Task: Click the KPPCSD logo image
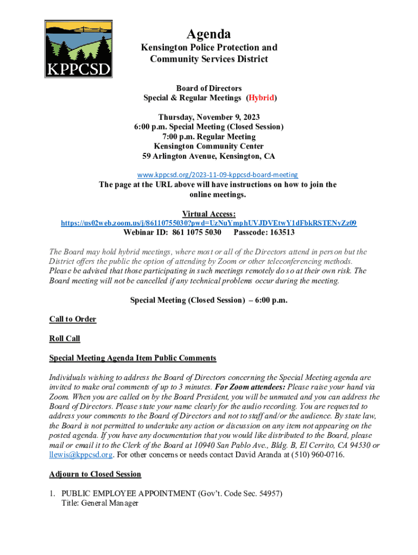(x=79, y=49)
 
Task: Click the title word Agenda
(x=208, y=34)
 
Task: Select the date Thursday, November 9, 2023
(x=208, y=117)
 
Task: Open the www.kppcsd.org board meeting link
(x=217, y=175)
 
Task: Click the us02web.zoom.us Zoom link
(x=208, y=223)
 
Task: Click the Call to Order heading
(x=73, y=319)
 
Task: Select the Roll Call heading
(x=65, y=338)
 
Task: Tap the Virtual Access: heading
(x=208, y=214)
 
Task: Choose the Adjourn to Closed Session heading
(x=95, y=474)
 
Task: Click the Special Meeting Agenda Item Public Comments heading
(x=132, y=358)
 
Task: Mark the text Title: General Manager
(x=100, y=503)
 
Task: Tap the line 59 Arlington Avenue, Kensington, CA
(x=208, y=156)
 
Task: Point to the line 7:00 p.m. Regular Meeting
(x=208, y=137)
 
